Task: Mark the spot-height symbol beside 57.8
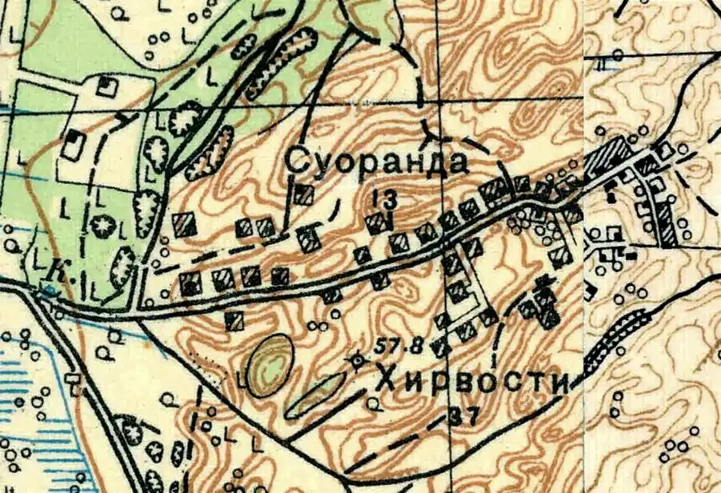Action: tap(357, 362)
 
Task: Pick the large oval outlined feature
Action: tap(269, 366)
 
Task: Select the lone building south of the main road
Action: tap(234, 321)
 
